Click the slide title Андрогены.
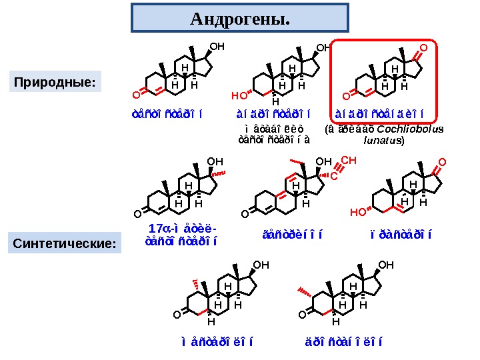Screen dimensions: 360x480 tap(240, 19)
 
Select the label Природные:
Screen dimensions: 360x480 tap(56, 83)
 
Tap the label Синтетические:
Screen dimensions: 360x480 tap(65, 244)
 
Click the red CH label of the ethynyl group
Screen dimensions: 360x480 tap(349, 161)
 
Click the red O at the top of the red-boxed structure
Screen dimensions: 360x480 tap(423, 48)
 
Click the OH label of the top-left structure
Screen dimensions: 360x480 tap(217, 47)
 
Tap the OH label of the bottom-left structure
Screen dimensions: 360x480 tap(261, 265)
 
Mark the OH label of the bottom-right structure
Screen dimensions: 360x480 tap(386, 265)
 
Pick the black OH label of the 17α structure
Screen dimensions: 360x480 tap(215, 161)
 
